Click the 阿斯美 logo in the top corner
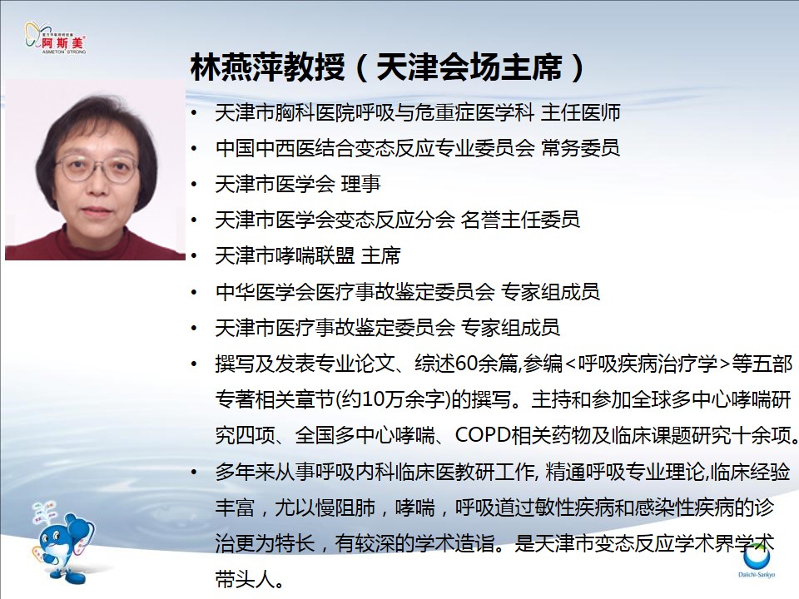55,37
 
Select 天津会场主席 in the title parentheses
469,67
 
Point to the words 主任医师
580,112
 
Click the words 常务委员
580,148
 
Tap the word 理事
360,184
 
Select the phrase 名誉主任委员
520,220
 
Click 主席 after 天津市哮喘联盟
380,255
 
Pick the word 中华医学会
265,292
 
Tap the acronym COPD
483,435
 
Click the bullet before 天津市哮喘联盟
194,255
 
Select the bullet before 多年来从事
194,472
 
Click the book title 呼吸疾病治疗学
648,364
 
